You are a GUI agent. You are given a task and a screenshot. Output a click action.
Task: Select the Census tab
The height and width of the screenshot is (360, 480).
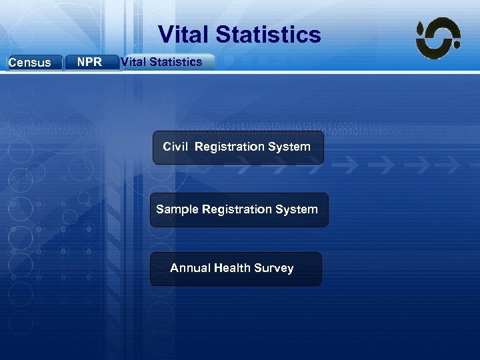pyautogui.click(x=31, y=63)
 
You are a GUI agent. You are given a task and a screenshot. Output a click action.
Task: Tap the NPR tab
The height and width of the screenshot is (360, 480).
pyautogui.click(x=90, y=62)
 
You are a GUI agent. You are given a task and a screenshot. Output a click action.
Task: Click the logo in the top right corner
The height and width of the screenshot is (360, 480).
pyautogui.click(x=438, y=38)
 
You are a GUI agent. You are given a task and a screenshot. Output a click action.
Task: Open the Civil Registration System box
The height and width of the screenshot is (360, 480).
pyautogui.click(x=238, y=147)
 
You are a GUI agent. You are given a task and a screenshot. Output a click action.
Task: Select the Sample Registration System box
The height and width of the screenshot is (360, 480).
pyautogui.click(x=239, y=210)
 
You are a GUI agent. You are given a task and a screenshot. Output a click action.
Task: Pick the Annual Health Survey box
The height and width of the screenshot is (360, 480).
pyautogui.click(x=235, y=269)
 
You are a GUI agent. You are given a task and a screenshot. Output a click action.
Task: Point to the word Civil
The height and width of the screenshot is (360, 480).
pyautogui.click(x=176, y=147)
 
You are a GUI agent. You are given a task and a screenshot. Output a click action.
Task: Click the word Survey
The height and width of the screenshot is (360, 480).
pyautogui.click(x=273, y=268)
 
